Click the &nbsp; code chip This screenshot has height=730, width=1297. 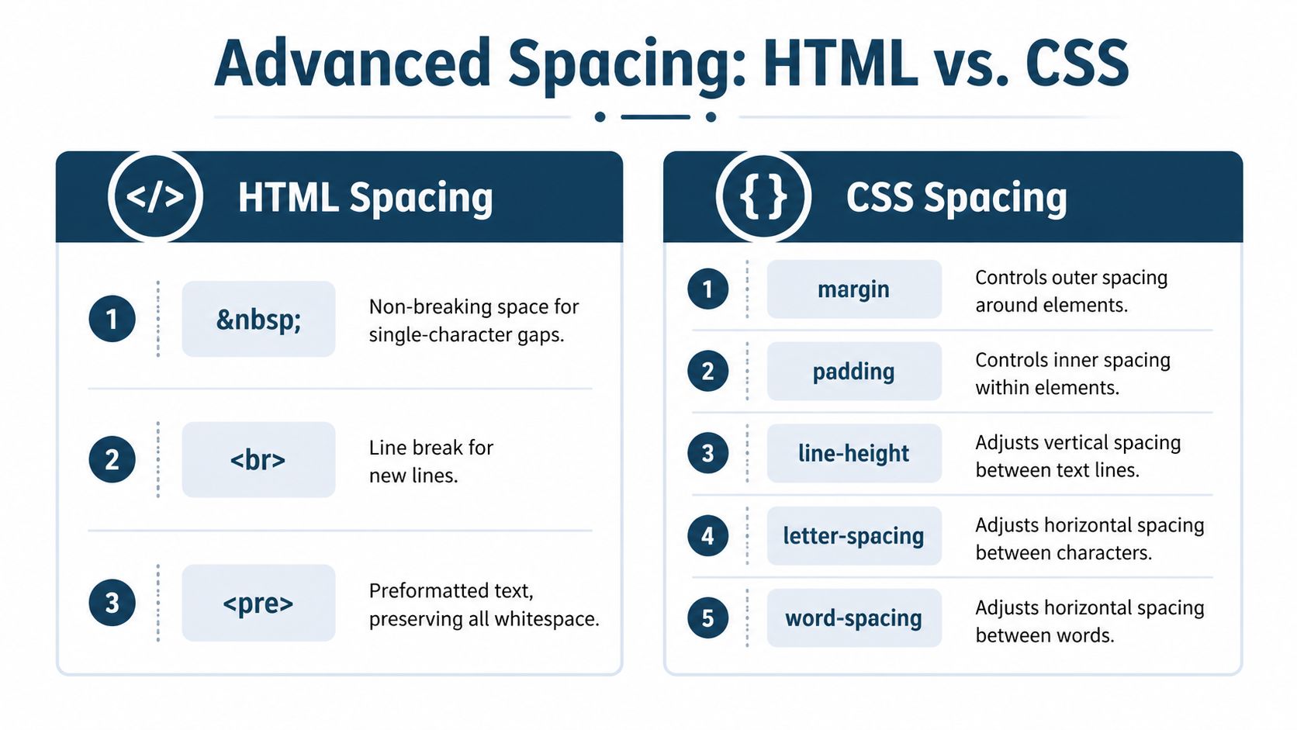(x=258, y=319)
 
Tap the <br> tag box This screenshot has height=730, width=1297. (x=258, y=460)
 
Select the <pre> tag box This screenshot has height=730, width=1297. (x=258, y=603)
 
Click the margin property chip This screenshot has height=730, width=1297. (x=853, y=289)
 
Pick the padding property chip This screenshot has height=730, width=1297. (x=853, y=372)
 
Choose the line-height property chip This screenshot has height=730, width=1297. (x=853, y=453)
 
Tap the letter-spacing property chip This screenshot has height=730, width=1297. (x=853, y=536)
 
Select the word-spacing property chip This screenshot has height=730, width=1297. (x=853, y=618)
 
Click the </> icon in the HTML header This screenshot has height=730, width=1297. (x=155, y=196)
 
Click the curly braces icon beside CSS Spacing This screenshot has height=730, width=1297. (x=763, y=196)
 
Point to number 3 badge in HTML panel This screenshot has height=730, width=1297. (x=112, y=603)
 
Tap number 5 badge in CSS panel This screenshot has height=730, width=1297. (x=707, y=618)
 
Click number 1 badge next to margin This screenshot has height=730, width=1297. (x=707, y=289)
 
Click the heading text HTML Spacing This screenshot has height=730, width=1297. (x=365, y=198)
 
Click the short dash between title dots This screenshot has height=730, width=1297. (x=655, y=117)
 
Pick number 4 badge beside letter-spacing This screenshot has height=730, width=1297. (x=707, y=536)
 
